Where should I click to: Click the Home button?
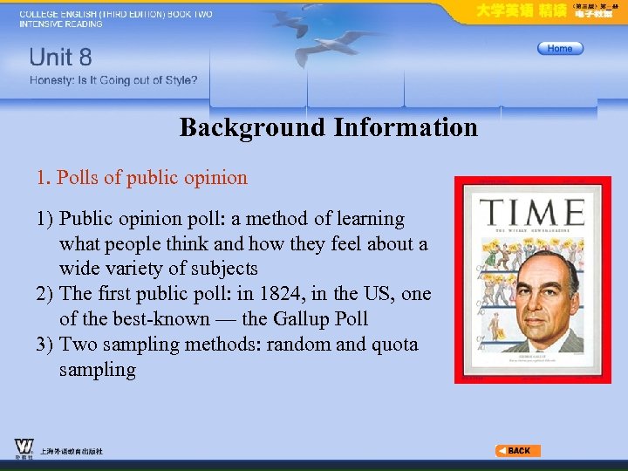tap(560, 49)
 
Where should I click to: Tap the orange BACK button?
tap(518, 451)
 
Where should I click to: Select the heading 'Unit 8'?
tap(60, 58)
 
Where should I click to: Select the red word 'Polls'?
tap(77, 178)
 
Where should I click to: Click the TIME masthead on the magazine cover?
tap(532, 213)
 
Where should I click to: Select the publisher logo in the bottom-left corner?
tap(24, 447)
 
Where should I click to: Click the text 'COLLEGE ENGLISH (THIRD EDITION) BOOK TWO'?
tap(115, 14)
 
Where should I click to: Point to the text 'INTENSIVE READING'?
tap(60, 24)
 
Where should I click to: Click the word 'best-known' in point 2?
tap(163, 319)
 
